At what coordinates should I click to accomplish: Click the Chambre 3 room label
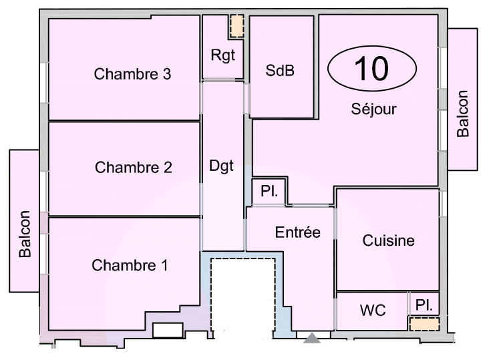132,73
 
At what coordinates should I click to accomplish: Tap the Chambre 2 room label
133,167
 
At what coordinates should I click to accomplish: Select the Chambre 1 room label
130,265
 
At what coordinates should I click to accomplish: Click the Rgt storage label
223,55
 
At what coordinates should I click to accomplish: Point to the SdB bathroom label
280,70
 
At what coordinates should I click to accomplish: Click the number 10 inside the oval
371,69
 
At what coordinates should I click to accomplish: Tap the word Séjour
374,109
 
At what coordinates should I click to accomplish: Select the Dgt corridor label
222,166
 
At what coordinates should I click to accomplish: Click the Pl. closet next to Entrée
269,192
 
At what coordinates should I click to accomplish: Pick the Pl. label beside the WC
424,305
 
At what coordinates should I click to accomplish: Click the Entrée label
298,232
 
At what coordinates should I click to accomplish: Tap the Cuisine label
388,240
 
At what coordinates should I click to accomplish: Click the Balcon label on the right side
463,114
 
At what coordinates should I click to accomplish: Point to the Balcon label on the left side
25,234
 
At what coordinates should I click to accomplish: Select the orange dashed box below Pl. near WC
424,324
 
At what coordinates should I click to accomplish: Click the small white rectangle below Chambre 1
168,330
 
